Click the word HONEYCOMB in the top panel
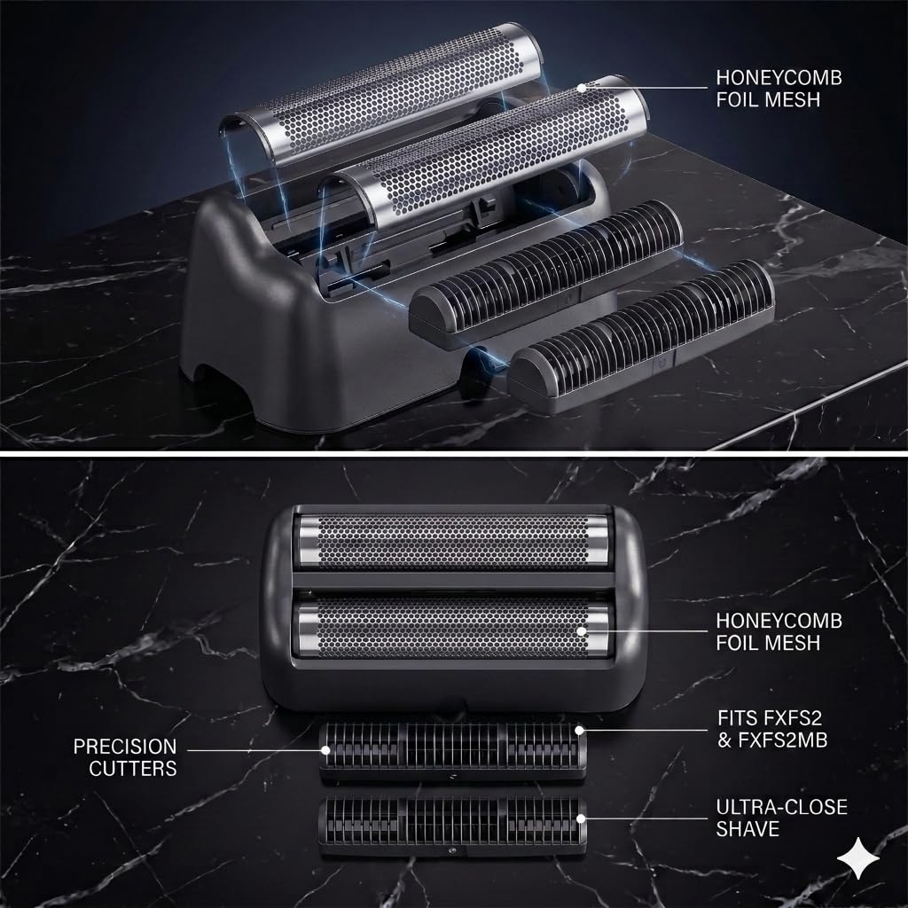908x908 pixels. pyautogui.click(x=779, y=78)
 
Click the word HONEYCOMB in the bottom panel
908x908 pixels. pyautogui.click(x=779, y=621)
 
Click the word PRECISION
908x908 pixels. pyautogui.click(x=124, y=747)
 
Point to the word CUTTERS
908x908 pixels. pyautogui.click(x=133, y=769)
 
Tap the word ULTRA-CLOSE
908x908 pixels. pyautogui.click(x=782, y=807)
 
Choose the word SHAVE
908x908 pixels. pyautogui.click(x=748, y=829)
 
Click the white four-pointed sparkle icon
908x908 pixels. pyautogui.click(x=858, y=858)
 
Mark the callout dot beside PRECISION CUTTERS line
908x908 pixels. pyautogui.click(x=325, y=750)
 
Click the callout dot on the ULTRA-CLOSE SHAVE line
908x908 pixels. pyautogui.click(x=580, y=818)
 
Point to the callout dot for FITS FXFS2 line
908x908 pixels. pyautogui.click(x=580, y=731)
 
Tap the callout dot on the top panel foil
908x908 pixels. pyautogui.click(x=582, y=88)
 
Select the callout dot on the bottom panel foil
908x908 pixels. pyautogui.click(x=581, y=631)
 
